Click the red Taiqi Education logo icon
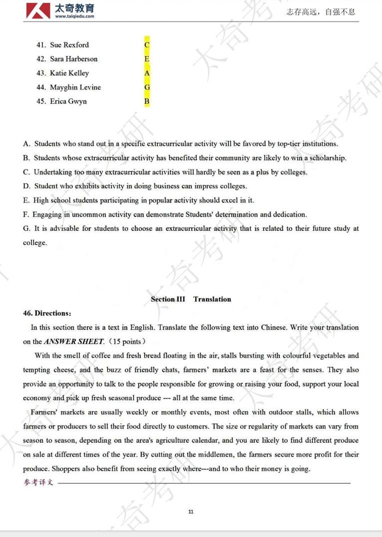click(x=38, y=10)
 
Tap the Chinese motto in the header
click(x=321, y=12)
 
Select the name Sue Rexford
click(x=69, y=45)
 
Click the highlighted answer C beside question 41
click(x=147, y=45)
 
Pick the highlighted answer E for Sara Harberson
click(x=147, y=59)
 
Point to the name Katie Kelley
click(x=69, y=73)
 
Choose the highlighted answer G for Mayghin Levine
click(x=147, y=87)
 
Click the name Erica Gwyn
click(x=68, y=101)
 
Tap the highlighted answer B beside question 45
click(x=147, y=101)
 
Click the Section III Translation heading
click(x=191, y=299)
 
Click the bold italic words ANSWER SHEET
click(x=73, y=342)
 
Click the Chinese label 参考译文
click(x=38, y=483)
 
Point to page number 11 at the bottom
click(x=191, y=512)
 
